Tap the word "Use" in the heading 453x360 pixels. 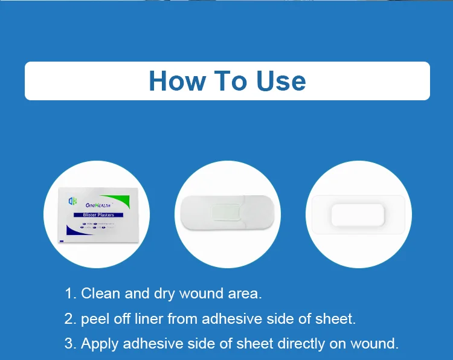(x=281, y=81)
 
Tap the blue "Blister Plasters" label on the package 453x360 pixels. (x=98, y=214)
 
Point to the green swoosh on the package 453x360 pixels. (x=124, y=199)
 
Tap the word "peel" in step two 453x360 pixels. (x=95, y=319)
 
